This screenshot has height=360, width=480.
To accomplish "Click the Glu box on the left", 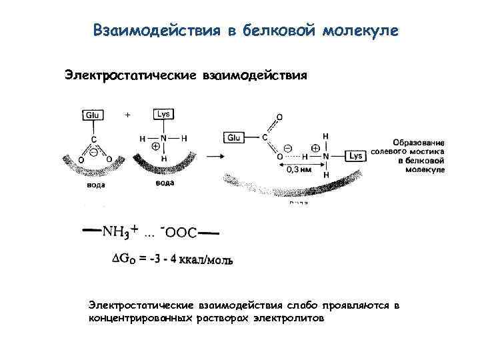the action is [93, 115].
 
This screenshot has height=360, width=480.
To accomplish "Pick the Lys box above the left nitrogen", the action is [163, 115].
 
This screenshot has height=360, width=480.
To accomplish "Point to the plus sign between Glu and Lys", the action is [128, 115].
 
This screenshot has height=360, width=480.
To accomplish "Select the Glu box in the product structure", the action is [234, 137].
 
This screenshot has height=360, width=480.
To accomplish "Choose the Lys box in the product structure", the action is [355, 155].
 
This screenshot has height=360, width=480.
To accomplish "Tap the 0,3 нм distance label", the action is [297, 170].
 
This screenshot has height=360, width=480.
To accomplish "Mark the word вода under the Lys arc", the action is [164, 183].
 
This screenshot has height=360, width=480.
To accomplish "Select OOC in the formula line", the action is [181, 232].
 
